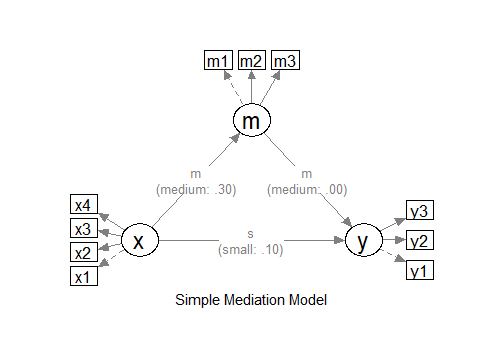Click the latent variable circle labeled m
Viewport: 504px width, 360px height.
[252, 121]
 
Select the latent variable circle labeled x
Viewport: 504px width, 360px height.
[139, 241]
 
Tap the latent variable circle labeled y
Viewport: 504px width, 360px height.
[364, 241]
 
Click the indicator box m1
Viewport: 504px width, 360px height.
[217, 61]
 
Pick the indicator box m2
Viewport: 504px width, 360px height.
[252, 61]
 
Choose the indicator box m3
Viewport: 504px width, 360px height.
[286, 61]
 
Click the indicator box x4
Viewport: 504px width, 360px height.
[84, 205]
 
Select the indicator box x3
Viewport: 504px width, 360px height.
[84, 228]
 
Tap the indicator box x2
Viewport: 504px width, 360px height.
[84, 252]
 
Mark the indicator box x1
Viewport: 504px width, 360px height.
[84, 276]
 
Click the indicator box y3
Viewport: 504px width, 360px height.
[419, 211]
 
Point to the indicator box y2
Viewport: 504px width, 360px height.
[419, 241]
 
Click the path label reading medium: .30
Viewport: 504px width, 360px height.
[195, 187]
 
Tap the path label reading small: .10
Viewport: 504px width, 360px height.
[251, 248]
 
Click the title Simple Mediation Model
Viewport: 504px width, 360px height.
[251, 299]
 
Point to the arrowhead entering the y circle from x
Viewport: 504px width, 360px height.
[339, 241]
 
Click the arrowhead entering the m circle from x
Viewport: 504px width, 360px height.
[234, 140]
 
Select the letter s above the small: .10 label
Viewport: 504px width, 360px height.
[251, 234]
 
